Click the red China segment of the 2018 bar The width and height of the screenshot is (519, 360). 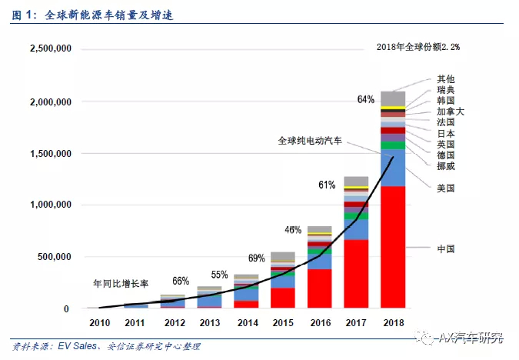pyautogui.click(x=393, y=246)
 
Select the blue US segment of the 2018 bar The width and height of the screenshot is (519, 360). pyautogui.click(x=393, y=168)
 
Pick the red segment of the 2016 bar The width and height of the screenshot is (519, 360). pyautogui.click(x=319, y=288)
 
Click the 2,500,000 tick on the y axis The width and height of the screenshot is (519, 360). pyautogui.click(x=50, y=48)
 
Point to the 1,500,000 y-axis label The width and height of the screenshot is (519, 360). pyautogui.click(x=50, y=153)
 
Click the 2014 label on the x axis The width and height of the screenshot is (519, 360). pyautogui.click(x=246, y=324)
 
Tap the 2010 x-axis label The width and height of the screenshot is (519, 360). pyautogui.click(x=100, y=324)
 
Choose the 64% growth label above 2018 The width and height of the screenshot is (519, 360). pyautogui.click(x=366, y=99)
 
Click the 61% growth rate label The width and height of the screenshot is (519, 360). pyautogui.click(x=326, y=185)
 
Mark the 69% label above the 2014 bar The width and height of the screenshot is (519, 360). pyautogui.click(x=257, y=258)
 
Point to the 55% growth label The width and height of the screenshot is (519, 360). pyautogui.click(x=219, y=275)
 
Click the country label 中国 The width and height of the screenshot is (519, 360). pyautogui.click(x=446, y=249)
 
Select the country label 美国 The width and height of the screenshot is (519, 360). pyautogui.click(x=446, y=188)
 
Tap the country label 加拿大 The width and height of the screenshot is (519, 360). pyautogui.click(x=451, y=112)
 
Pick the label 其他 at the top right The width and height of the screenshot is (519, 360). pyautogui.click(x=446, y=79)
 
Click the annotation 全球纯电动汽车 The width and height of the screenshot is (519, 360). pyautogui.click(x=311, y=141)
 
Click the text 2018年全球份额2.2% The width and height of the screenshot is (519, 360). pyautogui.click(x=418, y=47)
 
